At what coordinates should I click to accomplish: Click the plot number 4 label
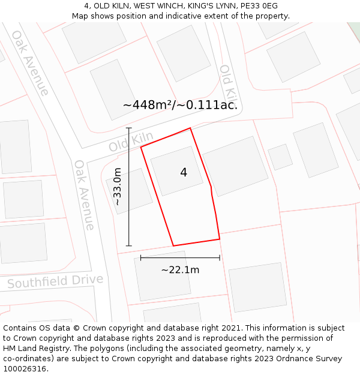184,173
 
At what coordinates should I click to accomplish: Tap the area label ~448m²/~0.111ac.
180,105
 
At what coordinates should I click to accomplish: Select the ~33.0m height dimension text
118,187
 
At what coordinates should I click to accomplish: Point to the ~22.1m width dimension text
180,270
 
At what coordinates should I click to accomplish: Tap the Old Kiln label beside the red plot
131,142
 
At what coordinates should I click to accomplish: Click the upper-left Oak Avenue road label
29,62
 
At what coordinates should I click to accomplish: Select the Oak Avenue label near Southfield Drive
85,194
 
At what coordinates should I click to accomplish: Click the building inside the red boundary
176,170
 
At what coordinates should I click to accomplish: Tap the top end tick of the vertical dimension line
129,128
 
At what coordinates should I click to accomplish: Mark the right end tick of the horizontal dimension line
220,257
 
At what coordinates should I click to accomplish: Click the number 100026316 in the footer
25,369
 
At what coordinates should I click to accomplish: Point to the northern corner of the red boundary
190,128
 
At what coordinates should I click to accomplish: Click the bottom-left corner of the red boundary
173,245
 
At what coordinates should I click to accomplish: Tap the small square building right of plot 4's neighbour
280,157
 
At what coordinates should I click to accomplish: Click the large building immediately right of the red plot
235,166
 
